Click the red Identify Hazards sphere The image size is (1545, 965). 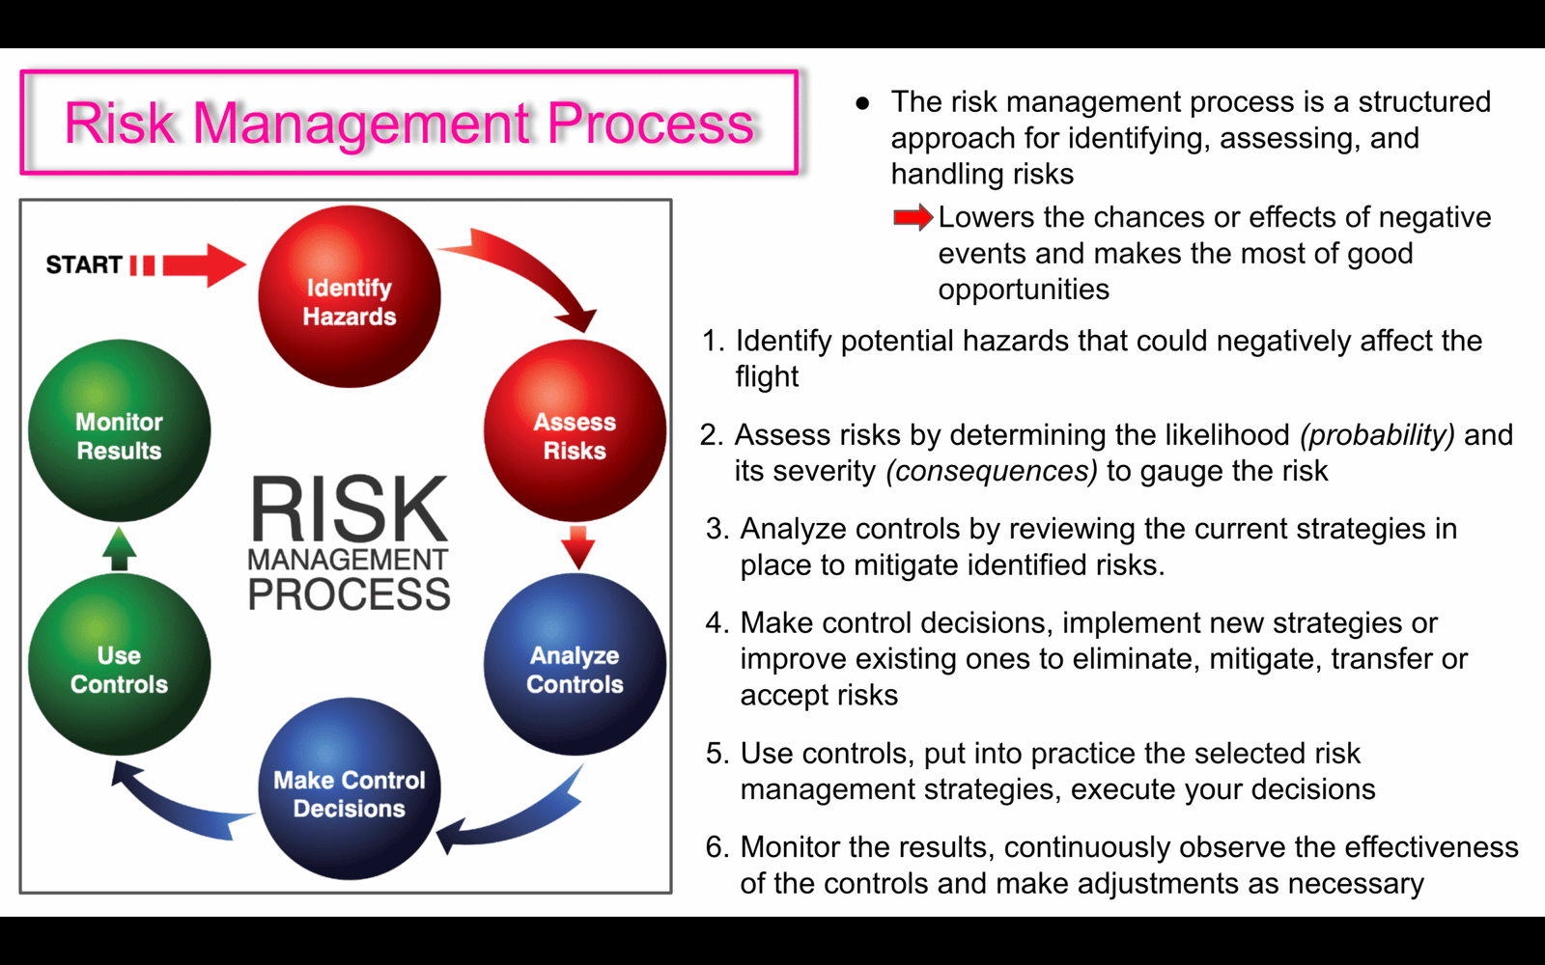(349, 296)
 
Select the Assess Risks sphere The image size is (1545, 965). (575, 430)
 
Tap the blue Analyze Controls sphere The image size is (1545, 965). (575, 664)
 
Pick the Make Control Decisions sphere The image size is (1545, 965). (349, 788)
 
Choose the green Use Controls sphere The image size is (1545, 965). (120, 664)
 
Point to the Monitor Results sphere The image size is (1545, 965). (120, 430)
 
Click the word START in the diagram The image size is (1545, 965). (84, 264)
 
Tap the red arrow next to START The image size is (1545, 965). (188, 264)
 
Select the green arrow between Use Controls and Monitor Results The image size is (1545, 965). (120, 549)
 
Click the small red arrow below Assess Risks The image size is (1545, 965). (578, 548)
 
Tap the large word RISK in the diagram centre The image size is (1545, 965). (349, 509)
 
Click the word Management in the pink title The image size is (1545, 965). (362, 124)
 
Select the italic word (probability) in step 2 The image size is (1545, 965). (1377, 435)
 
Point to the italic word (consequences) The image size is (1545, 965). (992, 472)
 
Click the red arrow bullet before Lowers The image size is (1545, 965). (913, 218)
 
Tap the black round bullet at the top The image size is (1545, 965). (862, 103)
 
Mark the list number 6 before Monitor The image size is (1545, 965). (716, 847)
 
